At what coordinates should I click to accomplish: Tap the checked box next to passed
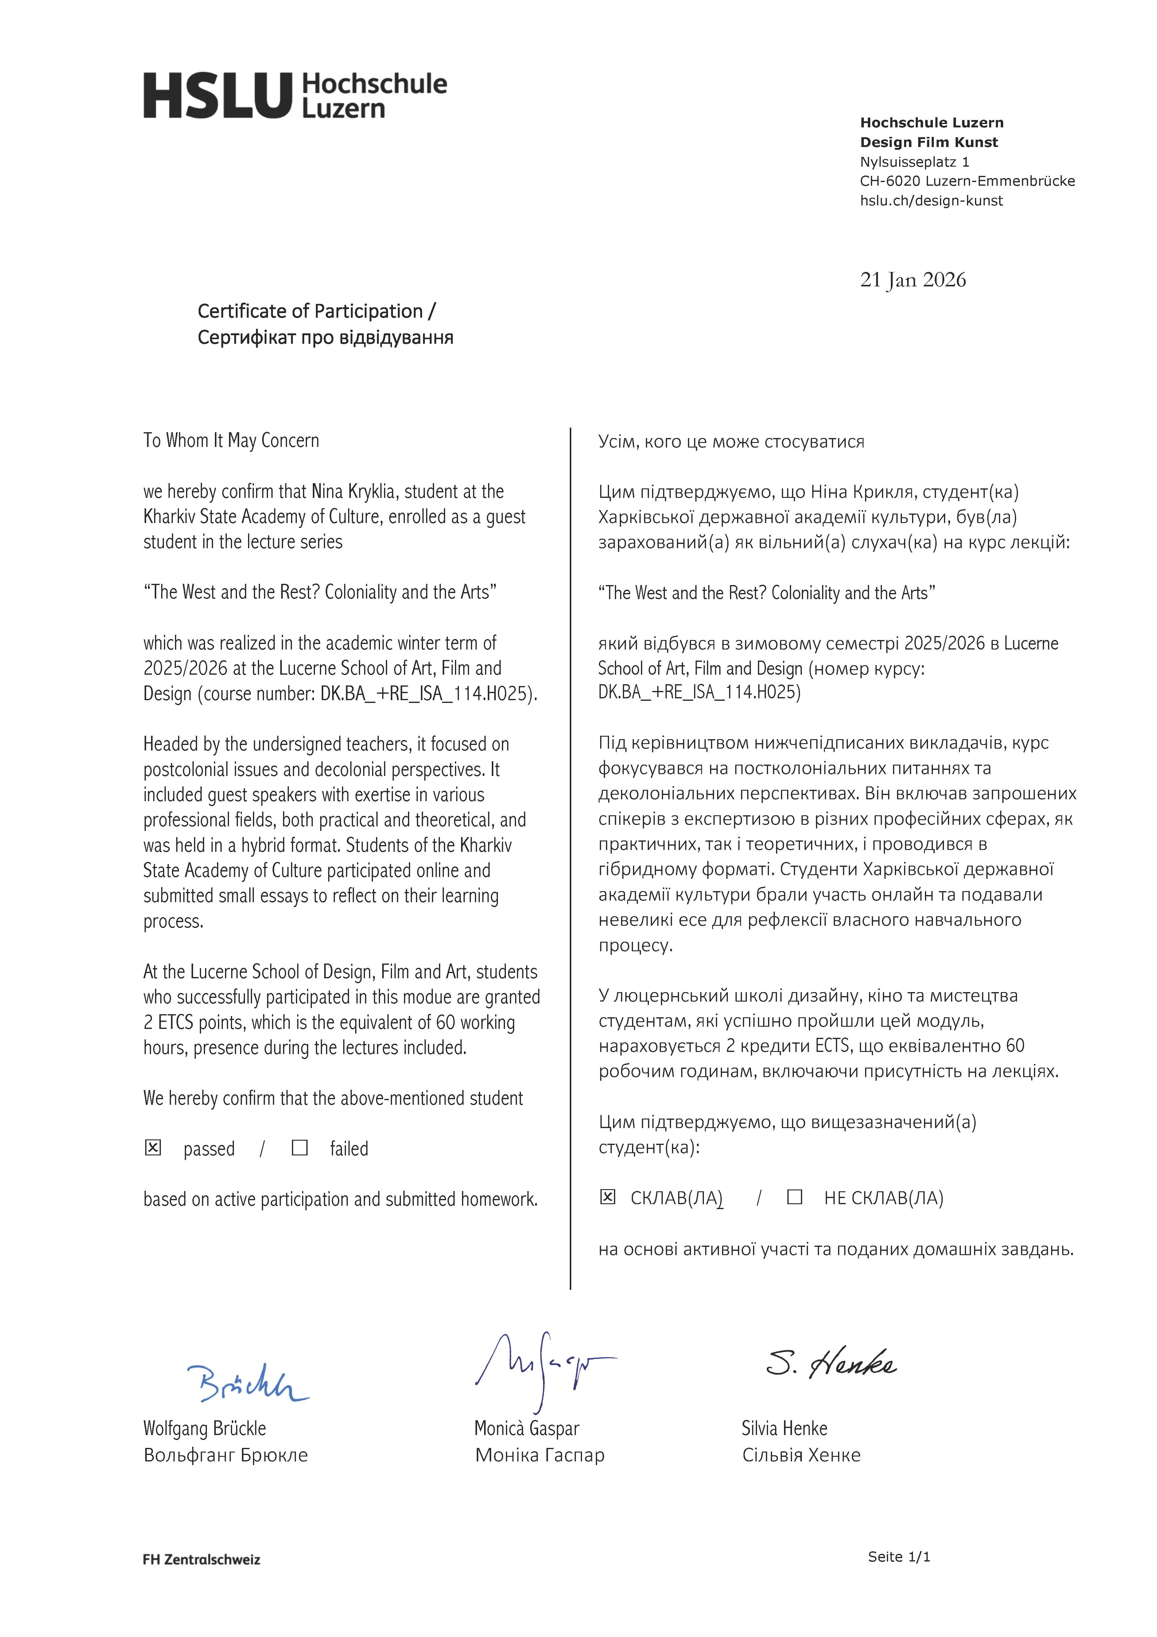tap(153, 1147)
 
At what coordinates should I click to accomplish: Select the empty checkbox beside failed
tap(300, 1147)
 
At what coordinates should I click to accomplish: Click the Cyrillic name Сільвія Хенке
tap(801, 1455)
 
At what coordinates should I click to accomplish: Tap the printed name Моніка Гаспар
tap(540, 1455)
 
